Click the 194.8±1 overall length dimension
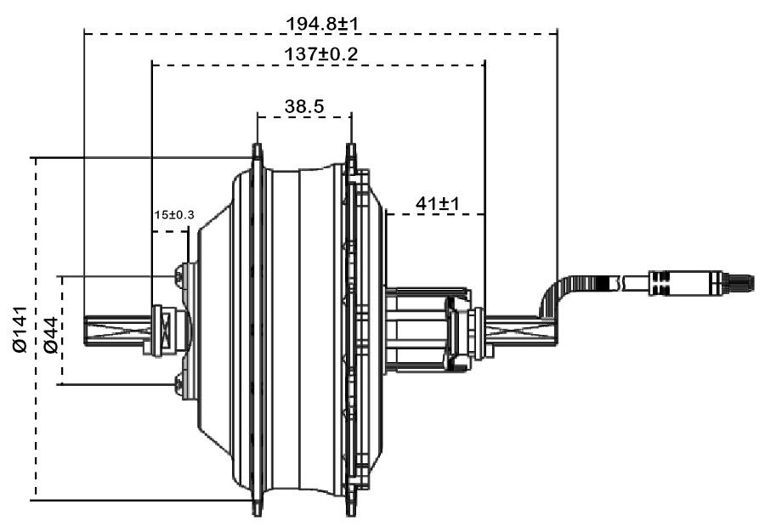[320, 22]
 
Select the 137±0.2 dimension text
[320, 54]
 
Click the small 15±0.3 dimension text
[174, 214]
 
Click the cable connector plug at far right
[697, 282]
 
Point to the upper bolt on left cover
[179, 274]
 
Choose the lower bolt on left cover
[179, 384]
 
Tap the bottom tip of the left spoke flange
[256, 511]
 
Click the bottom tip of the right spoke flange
[349, 511]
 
